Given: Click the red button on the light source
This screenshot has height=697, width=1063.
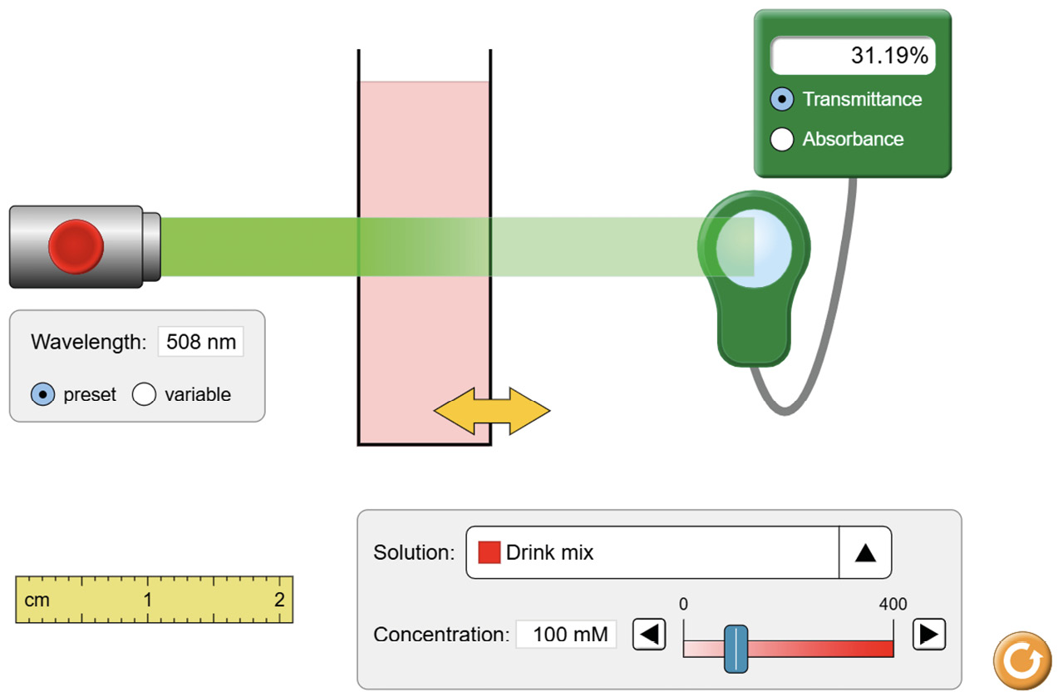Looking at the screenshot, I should [x=76, y=247].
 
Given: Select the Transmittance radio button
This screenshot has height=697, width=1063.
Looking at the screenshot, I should [x=782, y=99].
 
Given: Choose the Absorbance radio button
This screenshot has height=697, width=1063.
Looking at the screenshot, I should [x=782, y=139].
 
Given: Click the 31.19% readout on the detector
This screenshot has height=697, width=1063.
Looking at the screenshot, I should [x=852, y=56].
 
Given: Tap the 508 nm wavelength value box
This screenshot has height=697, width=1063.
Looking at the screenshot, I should [x=200, y=342].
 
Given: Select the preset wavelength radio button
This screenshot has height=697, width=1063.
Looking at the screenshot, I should [x=43, y=394].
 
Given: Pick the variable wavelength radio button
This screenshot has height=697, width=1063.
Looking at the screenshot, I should [x=145, y=394].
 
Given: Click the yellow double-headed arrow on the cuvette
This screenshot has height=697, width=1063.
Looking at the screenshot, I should [x=492, y=410].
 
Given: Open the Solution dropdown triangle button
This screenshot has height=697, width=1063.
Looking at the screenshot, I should [x=865, y=552].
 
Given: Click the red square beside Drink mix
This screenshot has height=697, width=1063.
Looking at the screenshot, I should [x=490, y=552].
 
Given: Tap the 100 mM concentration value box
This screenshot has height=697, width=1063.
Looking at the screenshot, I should [x=566, y=635].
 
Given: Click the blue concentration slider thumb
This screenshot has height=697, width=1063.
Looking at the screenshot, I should [x=736, y=649].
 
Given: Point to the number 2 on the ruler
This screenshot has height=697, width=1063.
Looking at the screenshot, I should [x=279, y=600].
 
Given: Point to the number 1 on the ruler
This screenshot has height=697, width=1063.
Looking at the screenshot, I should [x=147, y=600].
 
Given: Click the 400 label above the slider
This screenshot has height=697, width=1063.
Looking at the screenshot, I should [x=893, y=605].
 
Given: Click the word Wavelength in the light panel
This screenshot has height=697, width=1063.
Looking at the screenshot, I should [x=88, y=342].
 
